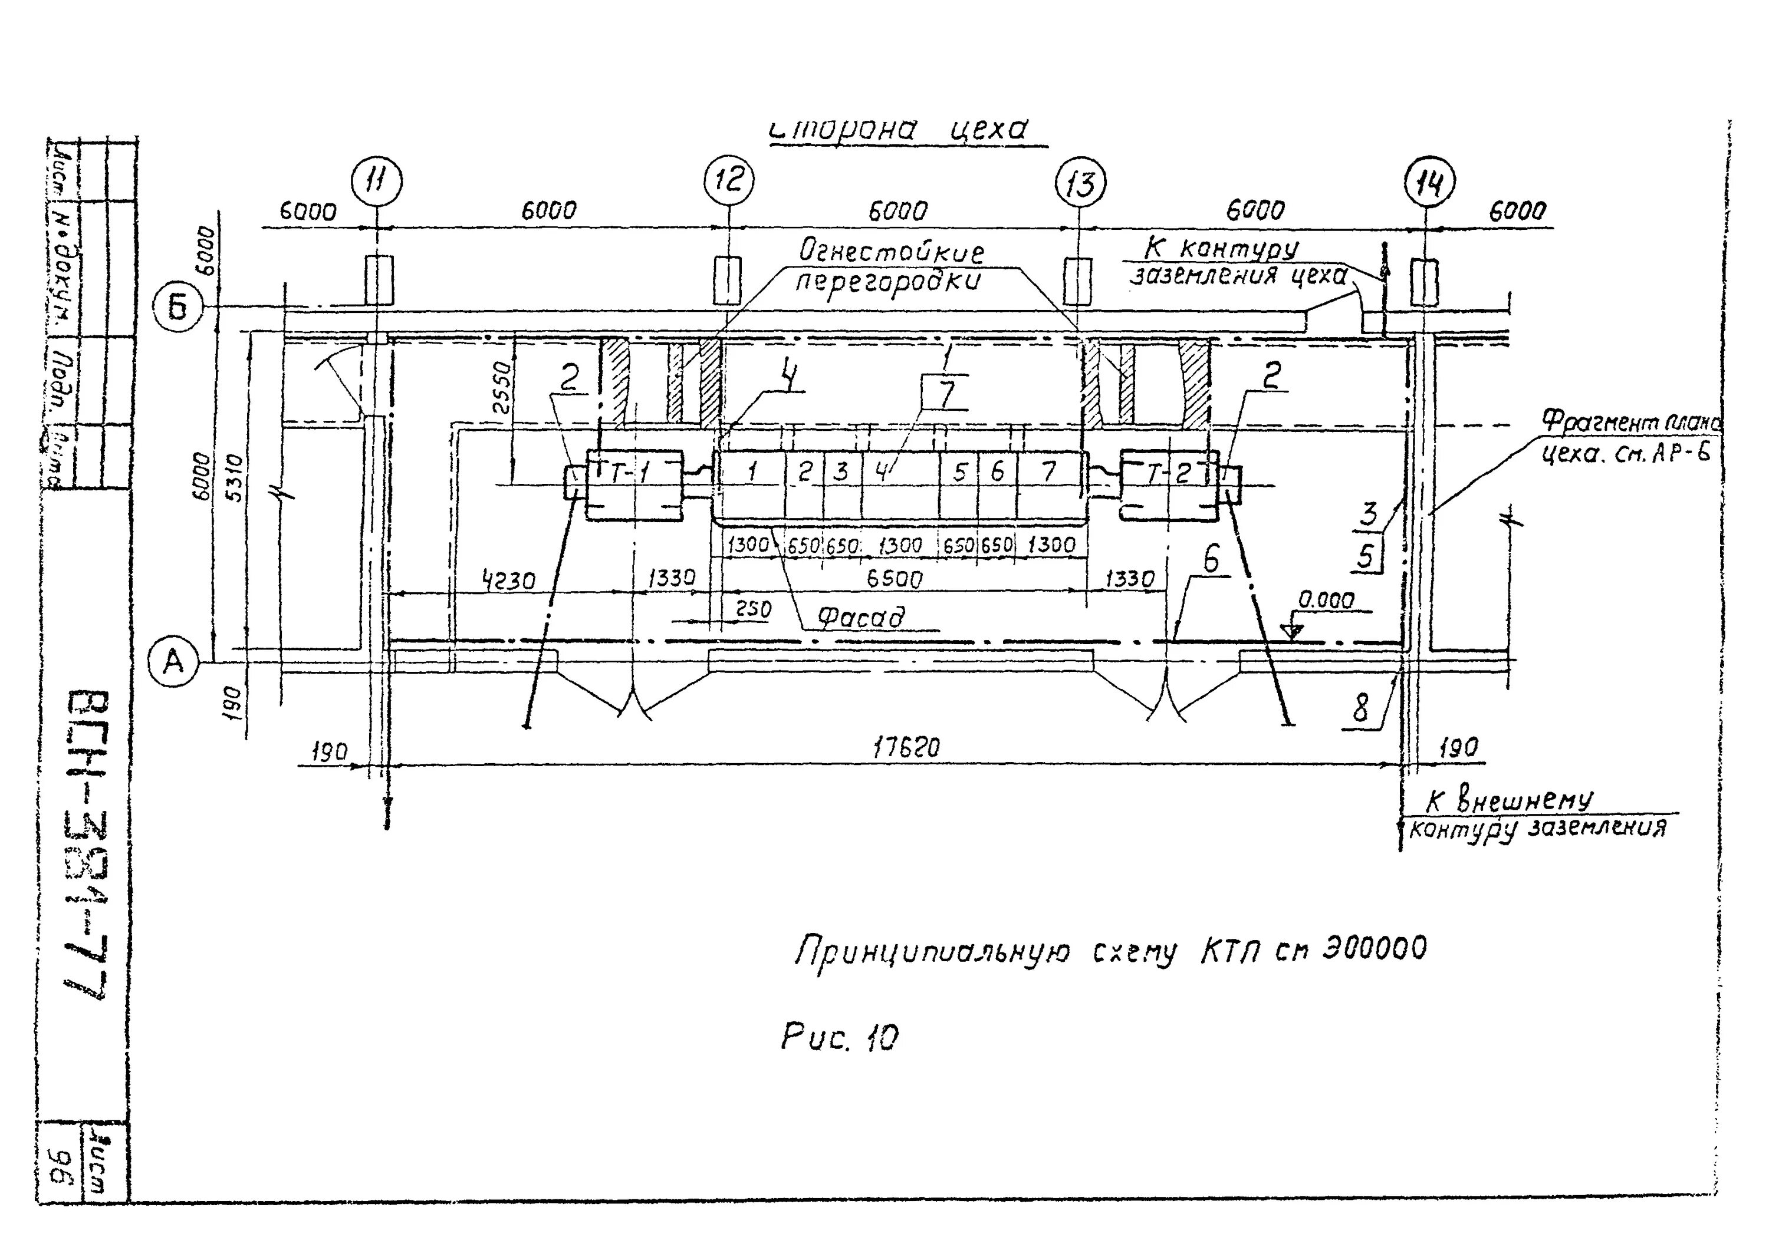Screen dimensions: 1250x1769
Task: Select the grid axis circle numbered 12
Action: pos(728,181)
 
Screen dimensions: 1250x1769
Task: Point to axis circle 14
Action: pos(1429,184)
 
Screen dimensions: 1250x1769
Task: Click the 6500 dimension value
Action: pos(894,578)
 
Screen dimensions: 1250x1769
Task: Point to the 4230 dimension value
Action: pos(508,580)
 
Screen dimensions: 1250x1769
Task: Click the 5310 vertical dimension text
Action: pos(236,477)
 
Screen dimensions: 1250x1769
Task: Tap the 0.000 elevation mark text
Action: pos(1326,600)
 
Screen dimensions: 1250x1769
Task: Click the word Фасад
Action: pos(860,617)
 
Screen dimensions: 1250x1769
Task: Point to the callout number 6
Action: pos(1211,559)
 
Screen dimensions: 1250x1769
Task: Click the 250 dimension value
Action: pos(753,610)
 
